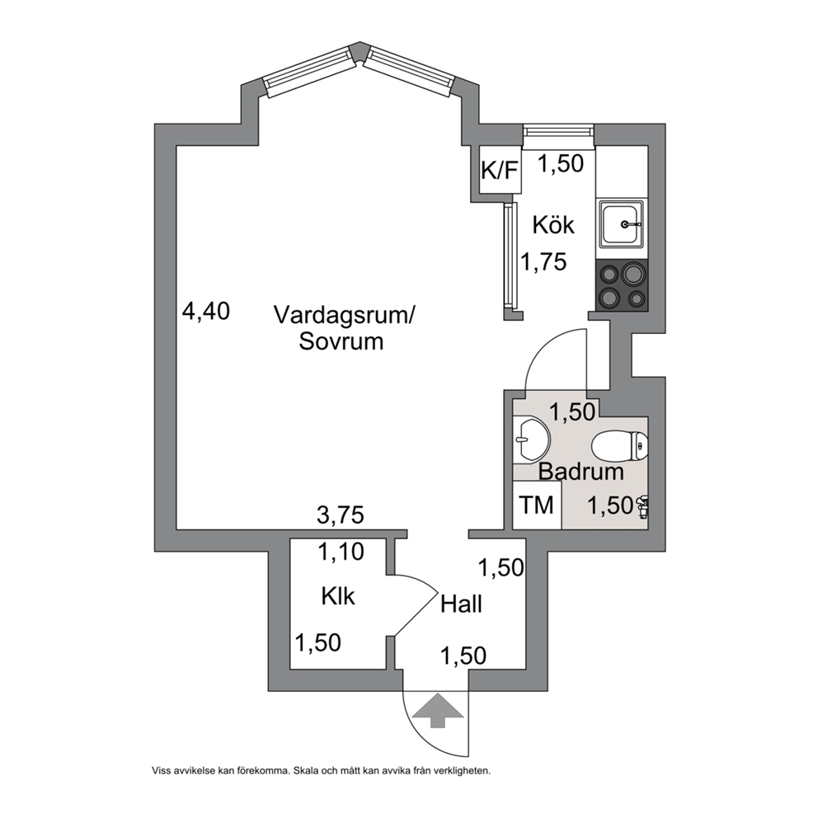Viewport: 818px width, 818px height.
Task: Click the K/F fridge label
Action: point(501,170)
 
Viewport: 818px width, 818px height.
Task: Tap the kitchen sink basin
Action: point(621,223)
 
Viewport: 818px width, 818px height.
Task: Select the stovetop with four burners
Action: point(621,286)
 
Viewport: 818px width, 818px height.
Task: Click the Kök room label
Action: point(553,225)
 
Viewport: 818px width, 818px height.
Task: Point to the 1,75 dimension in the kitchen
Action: point(543,261)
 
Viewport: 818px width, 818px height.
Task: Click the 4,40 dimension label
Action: point(205,312)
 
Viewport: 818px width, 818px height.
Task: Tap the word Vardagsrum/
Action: point(344,316)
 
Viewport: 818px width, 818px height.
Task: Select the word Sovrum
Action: point(341,341)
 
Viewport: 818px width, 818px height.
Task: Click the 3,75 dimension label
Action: point(340,515)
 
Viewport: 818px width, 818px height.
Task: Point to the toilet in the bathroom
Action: point(620,445)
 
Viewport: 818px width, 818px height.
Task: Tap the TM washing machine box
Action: point(537,505)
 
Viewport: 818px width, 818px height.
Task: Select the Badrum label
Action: point(581,472)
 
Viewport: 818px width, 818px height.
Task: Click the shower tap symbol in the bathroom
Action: point(642,506)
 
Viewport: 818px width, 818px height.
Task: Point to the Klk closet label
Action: point(338,596)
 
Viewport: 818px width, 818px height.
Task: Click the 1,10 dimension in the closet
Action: point(341,552)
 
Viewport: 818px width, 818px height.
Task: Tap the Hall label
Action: point(461,604)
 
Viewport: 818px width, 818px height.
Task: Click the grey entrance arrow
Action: point(437,711)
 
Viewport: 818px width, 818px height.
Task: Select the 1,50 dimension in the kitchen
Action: point(560,164)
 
